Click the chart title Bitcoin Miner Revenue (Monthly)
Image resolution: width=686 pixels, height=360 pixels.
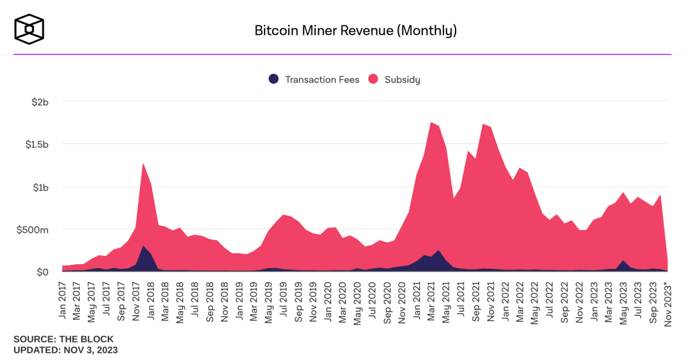coord(356,30)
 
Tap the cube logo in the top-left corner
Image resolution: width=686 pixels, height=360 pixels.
coord(29,28)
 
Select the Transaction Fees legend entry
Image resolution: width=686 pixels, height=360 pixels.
coord(314,79)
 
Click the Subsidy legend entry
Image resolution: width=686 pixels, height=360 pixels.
coord(394,79)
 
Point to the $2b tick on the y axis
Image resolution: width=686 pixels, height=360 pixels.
coord(40,102)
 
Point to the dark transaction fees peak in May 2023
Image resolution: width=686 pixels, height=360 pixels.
coord(623,263)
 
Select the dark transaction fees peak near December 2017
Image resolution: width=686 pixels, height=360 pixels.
coord(143,249)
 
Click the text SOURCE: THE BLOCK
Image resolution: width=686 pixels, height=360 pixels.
coord(64,339)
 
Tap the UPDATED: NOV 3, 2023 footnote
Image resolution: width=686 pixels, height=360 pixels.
coord(66,350)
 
